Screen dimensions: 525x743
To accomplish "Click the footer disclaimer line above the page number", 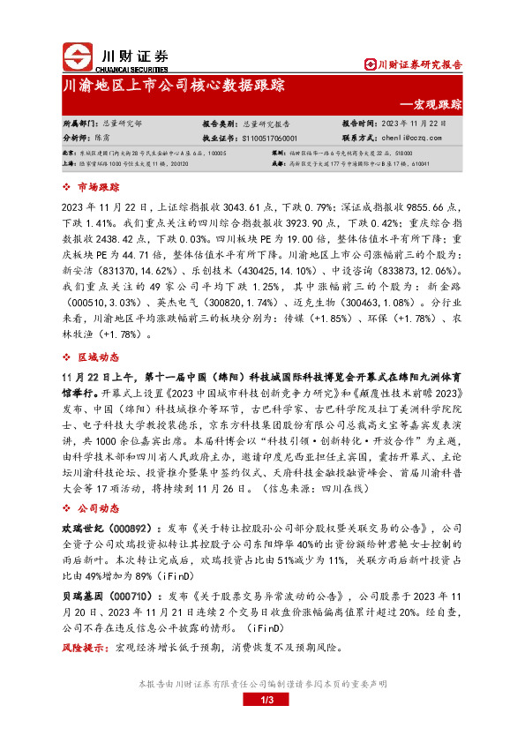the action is click(x=262, y=684).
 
